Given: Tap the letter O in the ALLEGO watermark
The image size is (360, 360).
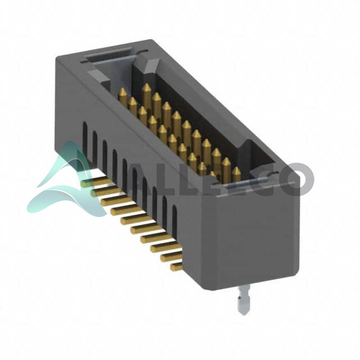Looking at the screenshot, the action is pos(297,178).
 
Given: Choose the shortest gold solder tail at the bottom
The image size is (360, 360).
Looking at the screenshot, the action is pos(176,267).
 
